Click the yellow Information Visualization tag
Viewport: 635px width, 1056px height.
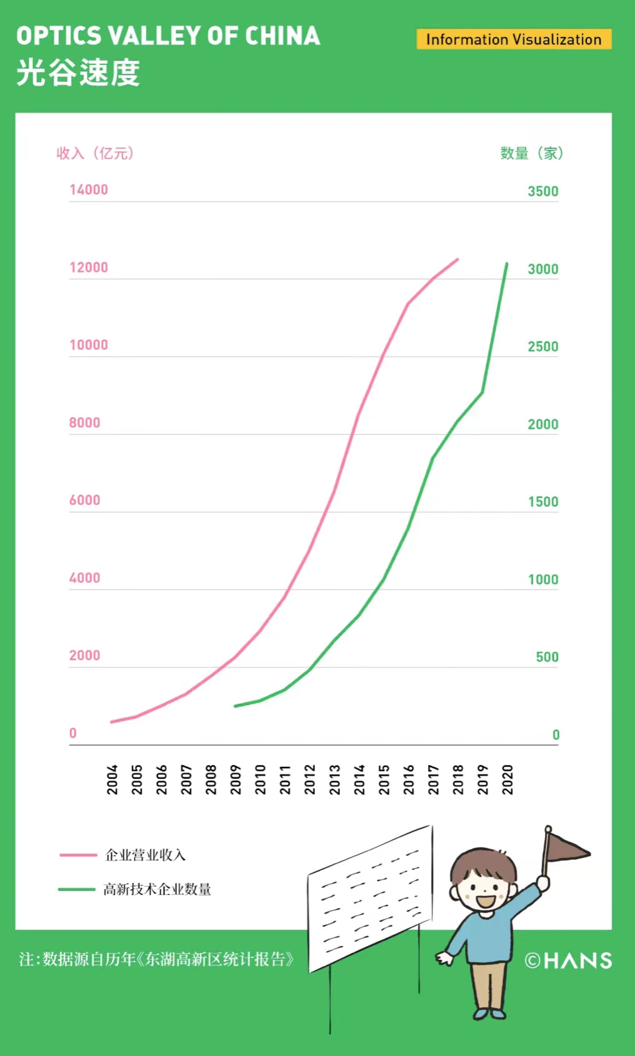pos(514,39)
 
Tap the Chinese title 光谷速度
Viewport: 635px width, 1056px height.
pos(78,72)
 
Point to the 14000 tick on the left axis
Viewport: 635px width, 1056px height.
pos(89,190)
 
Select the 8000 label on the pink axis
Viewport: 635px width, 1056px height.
pos(84,423)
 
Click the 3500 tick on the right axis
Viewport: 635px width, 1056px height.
pos(542,192)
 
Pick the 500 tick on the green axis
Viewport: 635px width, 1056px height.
pos(547,657)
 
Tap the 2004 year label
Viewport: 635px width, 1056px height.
pos(112,779)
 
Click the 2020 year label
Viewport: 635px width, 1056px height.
pos(507,779)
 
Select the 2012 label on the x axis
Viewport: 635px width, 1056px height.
pos(310,779)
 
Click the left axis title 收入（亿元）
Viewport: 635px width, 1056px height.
pos(95,154)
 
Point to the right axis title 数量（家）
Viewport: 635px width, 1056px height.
pos(532,154)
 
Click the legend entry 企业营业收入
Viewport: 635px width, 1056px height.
pos(145,855)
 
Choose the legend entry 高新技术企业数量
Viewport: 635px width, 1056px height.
pos(157,889)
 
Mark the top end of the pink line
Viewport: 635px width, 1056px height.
pos(458,259)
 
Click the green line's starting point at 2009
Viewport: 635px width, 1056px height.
pos(235,706)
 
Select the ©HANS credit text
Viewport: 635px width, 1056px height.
pos(568,960)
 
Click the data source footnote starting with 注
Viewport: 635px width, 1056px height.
pos(156,959)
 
